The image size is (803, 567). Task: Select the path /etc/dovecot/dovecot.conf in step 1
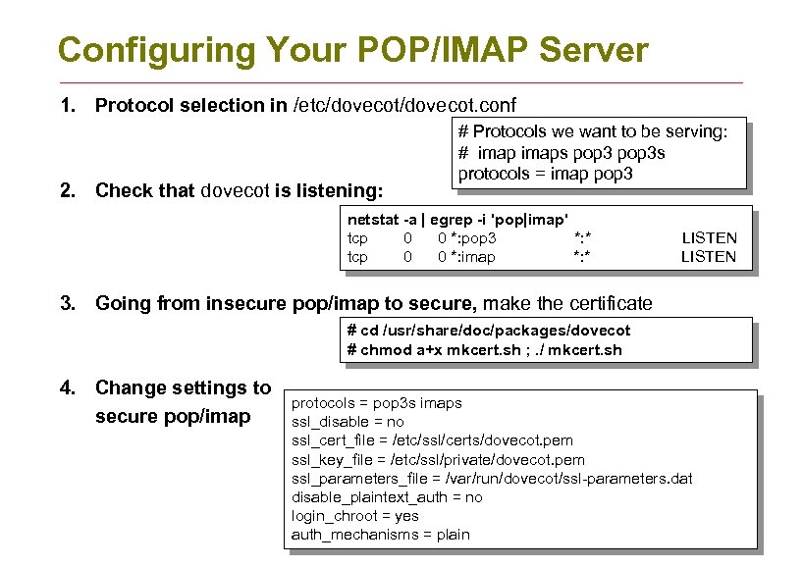[x=405, y=106]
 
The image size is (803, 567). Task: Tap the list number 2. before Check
[x=68, y=190]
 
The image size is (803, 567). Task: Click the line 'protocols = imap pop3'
[x=545, y=174]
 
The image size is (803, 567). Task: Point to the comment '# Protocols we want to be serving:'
[x=592, y=131]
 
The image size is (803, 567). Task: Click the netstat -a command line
[x=458, y=219]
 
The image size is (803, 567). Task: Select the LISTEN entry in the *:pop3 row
[x=709, y=237]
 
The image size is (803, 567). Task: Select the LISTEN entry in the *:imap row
[x=709, y=257]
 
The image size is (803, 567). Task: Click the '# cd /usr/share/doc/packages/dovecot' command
[x=488, y=331]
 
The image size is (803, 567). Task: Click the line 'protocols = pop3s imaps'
[x=376, y=403]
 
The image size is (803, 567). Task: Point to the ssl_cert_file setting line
[x=432, y=440]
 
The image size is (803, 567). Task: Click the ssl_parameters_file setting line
[x=492, y=478]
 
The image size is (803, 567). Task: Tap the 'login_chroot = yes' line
[x=354, y=516]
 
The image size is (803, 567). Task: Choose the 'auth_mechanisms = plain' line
[x=380, y=535]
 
